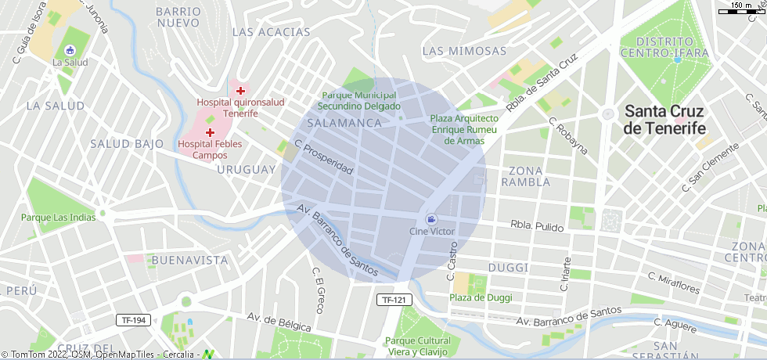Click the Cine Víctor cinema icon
tap(431, 220)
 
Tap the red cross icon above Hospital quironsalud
tap(240, 91)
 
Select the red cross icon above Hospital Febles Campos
tap(210, 132)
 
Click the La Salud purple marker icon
tap(70, 50)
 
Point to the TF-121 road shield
tap(394, 300)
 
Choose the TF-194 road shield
tap(134, 320)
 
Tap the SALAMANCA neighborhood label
tap(344, 123)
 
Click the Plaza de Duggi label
tap(481, 297)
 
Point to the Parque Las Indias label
tap(58, 218)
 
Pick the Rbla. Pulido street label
tap(537, 226)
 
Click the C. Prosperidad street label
tap(324, 157)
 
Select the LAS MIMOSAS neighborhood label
tap(464, 51)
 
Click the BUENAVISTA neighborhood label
tap(190, 260)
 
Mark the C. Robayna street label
tap(567, 136)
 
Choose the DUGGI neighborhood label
tap(509, 268)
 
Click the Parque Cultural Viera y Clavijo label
tap(419, 346)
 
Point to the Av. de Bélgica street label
tap(279, 322)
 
